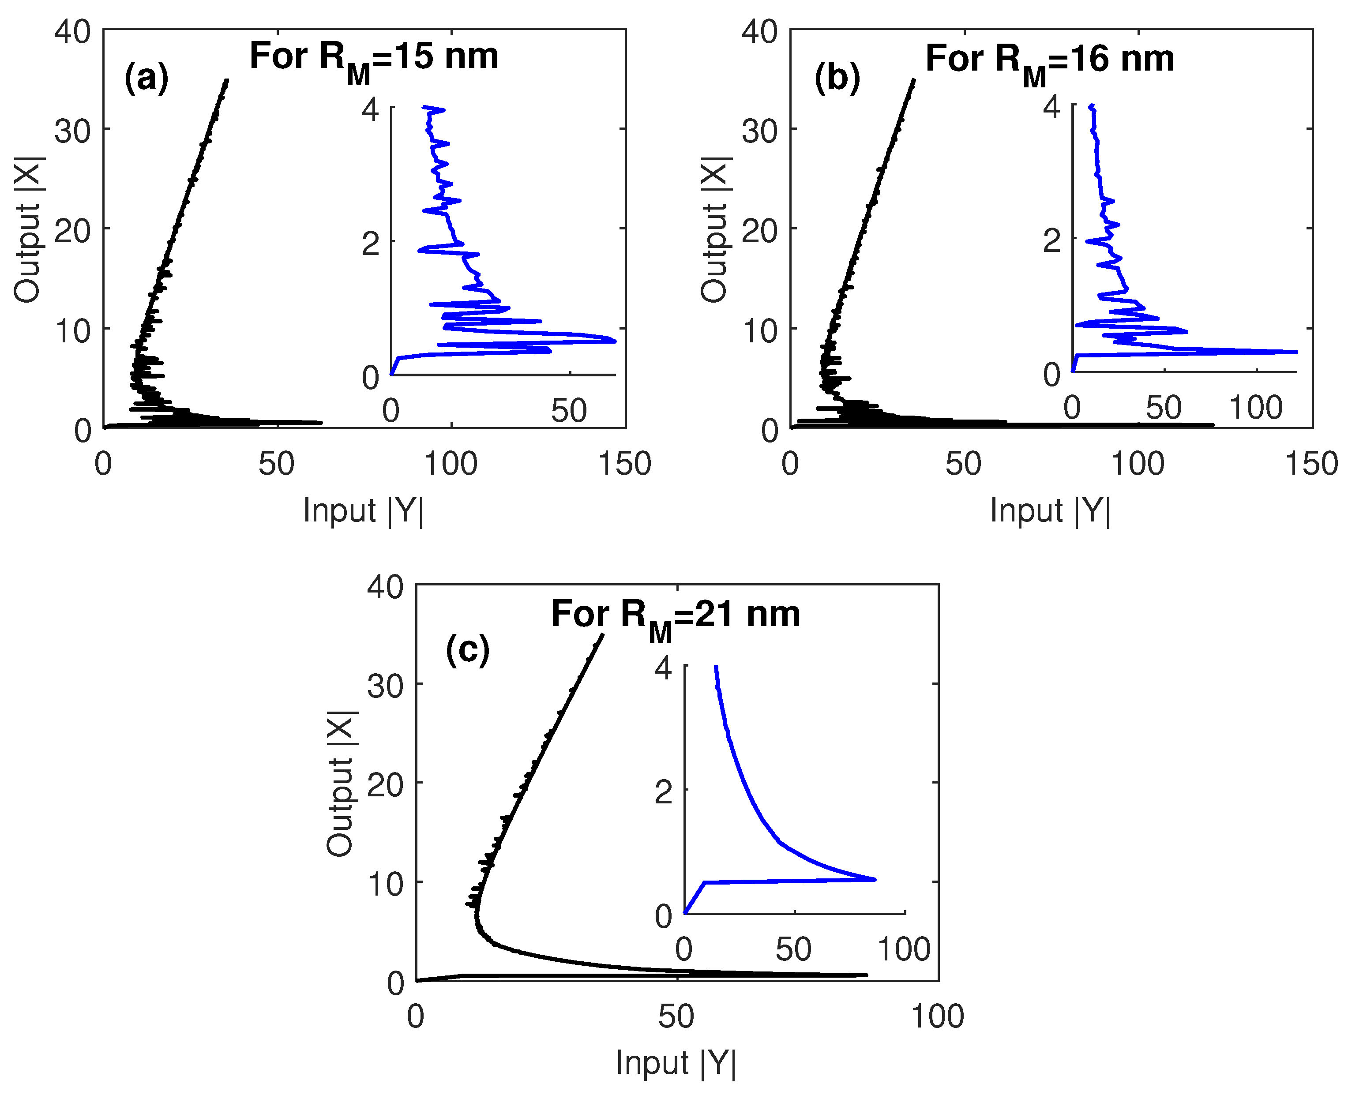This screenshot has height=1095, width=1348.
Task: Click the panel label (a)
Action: pos(146,78)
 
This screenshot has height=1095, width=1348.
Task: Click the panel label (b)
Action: pos(837,78)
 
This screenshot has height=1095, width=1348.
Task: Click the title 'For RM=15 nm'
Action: pos(373,58)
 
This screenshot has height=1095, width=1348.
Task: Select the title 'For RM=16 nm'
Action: pos(1049,60)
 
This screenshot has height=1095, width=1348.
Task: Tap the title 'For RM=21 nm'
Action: pos(675,615)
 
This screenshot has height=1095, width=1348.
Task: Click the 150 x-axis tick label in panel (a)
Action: pos(624,464)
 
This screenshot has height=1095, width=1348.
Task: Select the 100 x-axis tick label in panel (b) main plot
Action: pos(1138,464)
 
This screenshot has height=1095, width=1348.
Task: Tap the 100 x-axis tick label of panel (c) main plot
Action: pos(937,1017)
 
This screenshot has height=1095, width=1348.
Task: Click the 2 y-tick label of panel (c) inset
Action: pos(664,791)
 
